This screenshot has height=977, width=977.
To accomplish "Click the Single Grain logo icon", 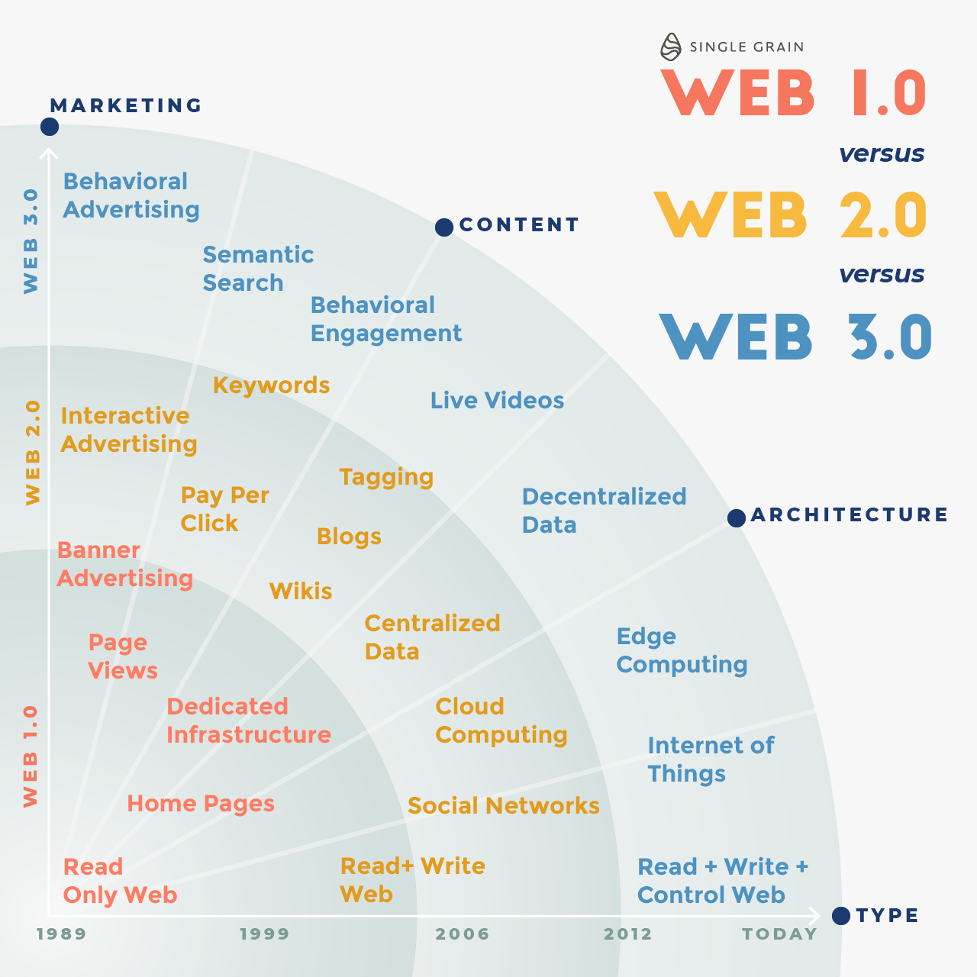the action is click(670, 47).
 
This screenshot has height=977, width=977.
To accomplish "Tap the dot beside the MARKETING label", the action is click(50, 126).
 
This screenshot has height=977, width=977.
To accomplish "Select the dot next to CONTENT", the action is click(444, 227).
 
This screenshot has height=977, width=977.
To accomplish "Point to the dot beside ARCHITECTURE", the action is click(737, 518).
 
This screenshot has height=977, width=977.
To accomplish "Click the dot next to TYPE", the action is click(841, 916).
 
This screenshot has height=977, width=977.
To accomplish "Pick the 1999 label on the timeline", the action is click(265, 934).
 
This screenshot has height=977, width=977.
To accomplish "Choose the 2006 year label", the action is click(463, 934).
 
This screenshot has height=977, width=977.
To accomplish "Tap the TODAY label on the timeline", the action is click(779, 934).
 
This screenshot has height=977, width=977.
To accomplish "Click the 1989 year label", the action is click(62, 934).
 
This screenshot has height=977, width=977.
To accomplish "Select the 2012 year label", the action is click(628, 934).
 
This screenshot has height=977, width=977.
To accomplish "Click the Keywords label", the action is click(271, 385).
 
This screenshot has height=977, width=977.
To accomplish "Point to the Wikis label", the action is click(301, 592).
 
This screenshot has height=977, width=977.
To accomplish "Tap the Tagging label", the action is click(386, 477).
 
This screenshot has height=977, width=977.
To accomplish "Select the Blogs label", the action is click(349, 537).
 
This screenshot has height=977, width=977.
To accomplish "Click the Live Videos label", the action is click(497, 401).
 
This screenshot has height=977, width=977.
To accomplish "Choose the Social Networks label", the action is click(503, 806).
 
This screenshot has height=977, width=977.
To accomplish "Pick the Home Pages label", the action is click(201, 804).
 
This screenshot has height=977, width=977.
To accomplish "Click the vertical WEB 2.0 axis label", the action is click(32, 453).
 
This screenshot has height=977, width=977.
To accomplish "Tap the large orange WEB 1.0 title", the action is click(794, 94).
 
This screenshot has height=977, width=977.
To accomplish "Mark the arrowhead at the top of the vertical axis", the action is click(49, 153).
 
